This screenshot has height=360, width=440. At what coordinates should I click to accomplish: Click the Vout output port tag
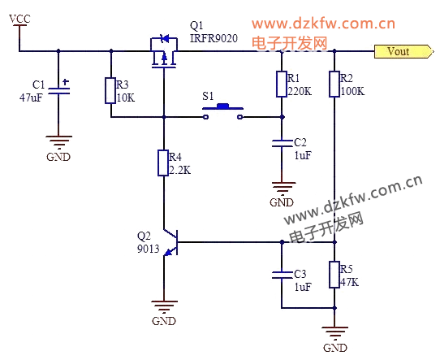click(x=404, y=51)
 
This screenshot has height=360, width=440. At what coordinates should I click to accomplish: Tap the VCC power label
click(x=19, y=19)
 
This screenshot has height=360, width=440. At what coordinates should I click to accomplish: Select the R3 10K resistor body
click(x=110, y=91)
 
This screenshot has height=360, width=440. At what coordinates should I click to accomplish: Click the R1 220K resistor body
click(x=282, y=84)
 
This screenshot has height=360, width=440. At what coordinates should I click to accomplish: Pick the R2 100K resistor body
click(x=334, y=84)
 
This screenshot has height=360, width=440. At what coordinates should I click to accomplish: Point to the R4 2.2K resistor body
click(x=163, y=163)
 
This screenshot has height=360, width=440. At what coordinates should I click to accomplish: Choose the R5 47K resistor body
click(x=334, y=275)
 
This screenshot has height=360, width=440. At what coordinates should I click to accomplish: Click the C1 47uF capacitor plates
click(x=59, y=91)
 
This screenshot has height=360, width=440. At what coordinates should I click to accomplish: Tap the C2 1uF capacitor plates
click(x=282, y=143)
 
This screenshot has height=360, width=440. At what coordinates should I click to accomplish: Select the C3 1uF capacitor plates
click(x=282, y=275)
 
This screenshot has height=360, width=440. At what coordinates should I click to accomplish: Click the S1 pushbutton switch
click(x=222, y=111)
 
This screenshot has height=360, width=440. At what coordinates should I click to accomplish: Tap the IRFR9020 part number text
click(x=214, y=38)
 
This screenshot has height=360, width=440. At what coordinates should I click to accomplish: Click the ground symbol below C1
click(x=59, y=142)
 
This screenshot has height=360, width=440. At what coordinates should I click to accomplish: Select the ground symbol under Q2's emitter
click(x=164, y=307)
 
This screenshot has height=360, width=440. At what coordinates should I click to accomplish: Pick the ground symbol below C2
click(x=283, y=189)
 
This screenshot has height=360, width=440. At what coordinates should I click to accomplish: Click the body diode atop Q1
click(x=164, y=37)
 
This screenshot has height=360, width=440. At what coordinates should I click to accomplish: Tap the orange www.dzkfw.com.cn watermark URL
click(x=324, y=24)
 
